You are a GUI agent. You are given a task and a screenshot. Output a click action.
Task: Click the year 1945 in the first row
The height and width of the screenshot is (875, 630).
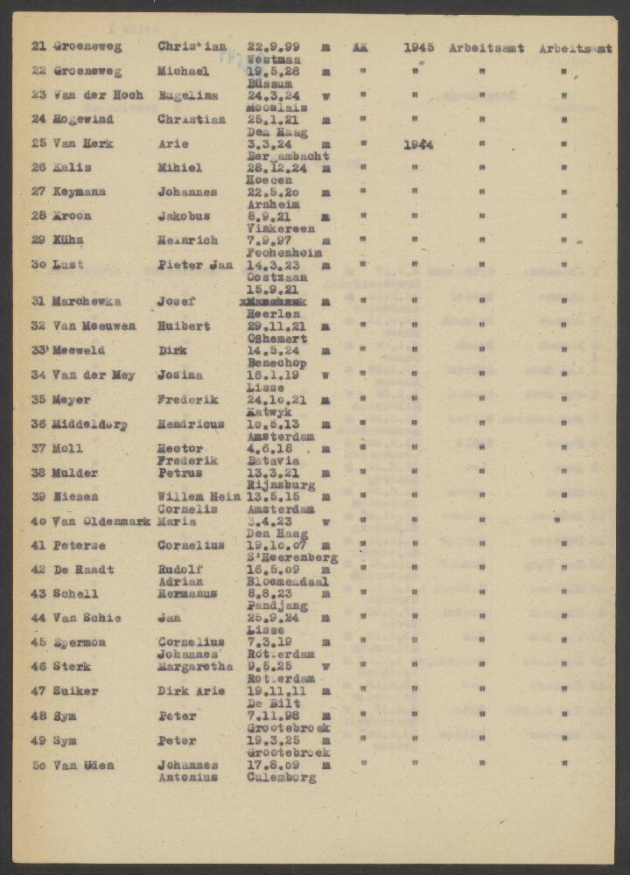(419, 47)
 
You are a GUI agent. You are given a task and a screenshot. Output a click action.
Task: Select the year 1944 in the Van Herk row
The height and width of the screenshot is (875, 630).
(419, 144)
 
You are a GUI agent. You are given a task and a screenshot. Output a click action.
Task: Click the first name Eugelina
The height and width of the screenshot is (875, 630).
(188, 95)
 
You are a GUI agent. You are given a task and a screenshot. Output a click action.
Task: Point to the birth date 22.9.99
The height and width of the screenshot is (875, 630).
(273, 47)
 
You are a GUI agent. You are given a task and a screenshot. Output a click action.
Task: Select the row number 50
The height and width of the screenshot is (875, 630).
(38, 766)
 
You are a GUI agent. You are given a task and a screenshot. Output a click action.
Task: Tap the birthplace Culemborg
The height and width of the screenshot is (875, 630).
(282, 777)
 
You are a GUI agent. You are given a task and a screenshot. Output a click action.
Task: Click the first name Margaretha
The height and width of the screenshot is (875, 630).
(196, 666)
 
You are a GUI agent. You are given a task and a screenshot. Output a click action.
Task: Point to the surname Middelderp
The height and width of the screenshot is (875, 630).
(91, 424)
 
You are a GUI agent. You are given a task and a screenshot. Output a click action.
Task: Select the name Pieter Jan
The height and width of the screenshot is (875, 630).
(195, 264)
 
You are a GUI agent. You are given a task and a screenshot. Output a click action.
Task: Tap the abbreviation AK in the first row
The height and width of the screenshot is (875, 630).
(360, 47)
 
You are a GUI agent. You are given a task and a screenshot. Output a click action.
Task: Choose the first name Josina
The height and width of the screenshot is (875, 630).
(180, 375)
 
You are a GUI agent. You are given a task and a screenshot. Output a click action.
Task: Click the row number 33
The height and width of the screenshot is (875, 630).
(38, 350)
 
